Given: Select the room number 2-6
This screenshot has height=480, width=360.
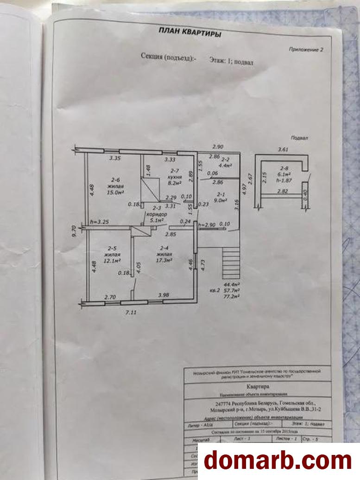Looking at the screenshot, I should pyautogui.click(x=114, y=179).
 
